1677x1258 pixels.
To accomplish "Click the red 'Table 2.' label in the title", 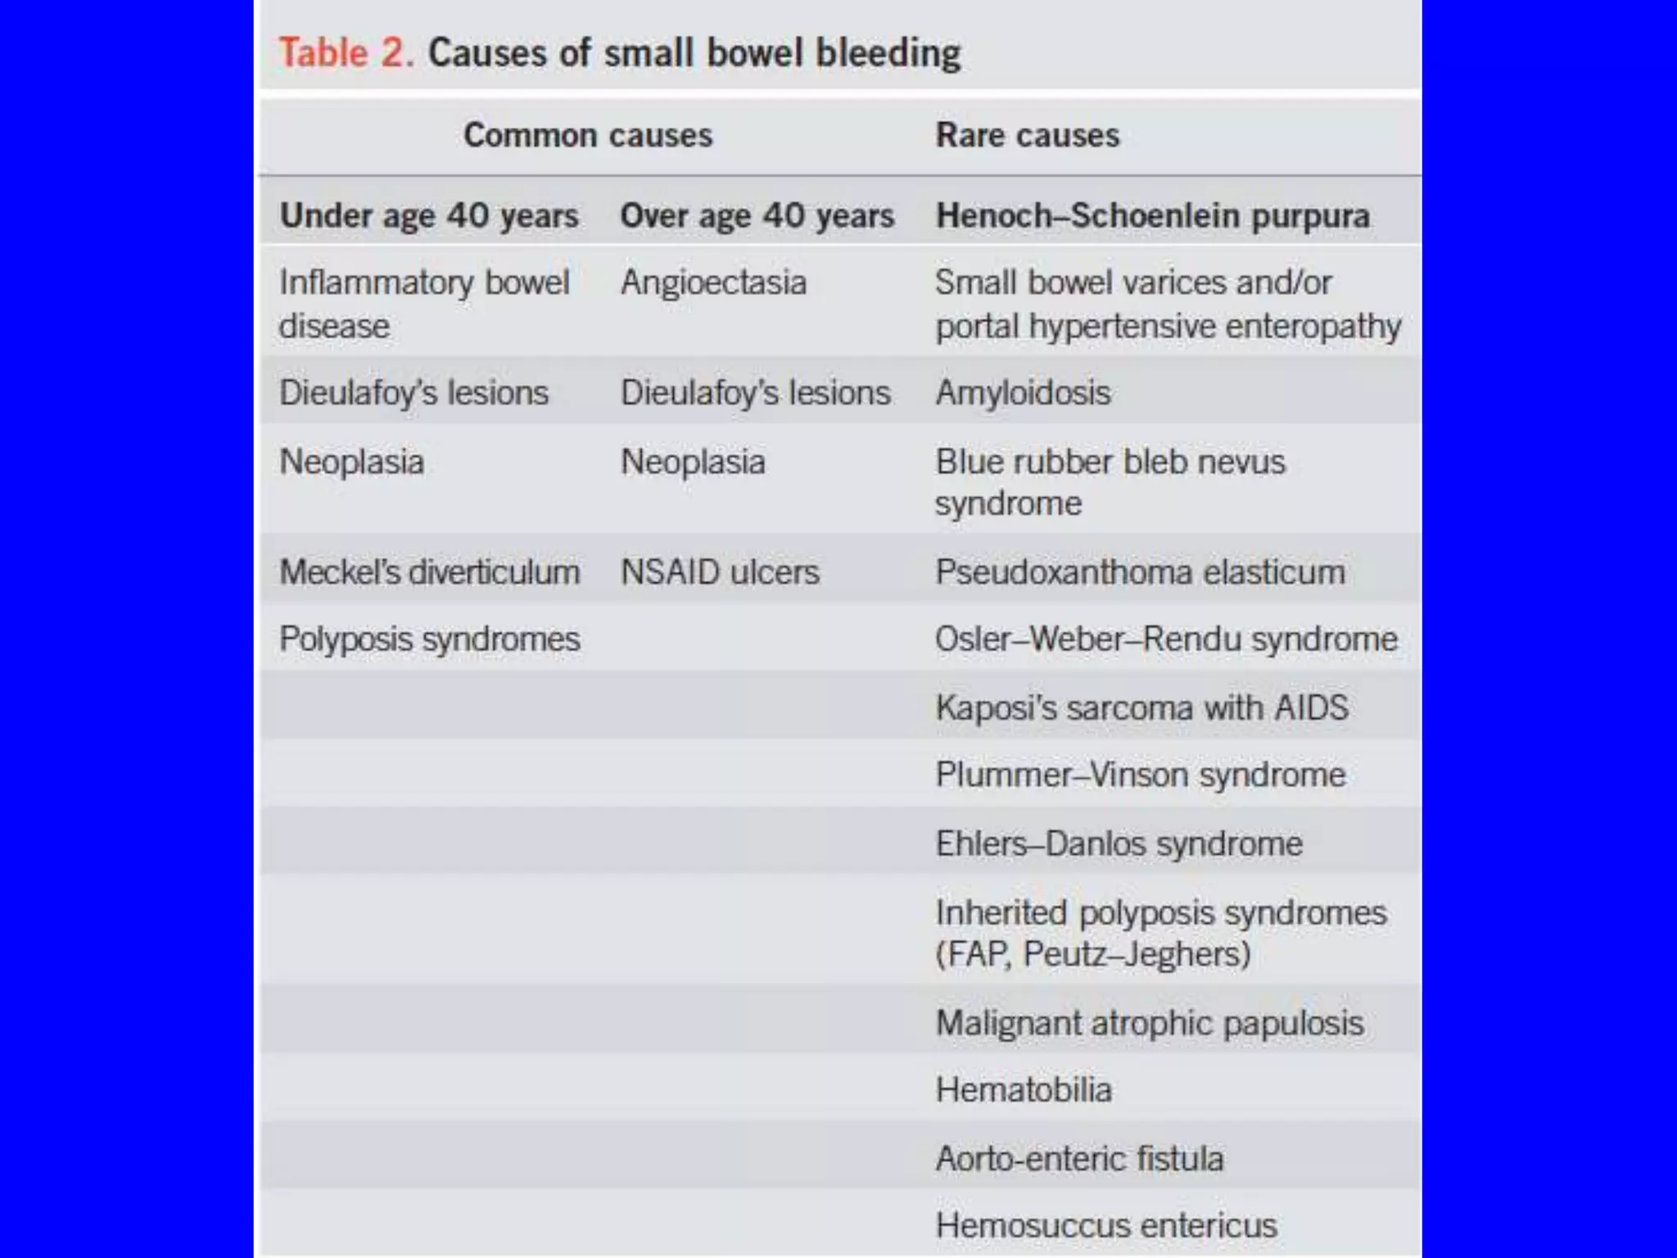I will click(x=346, y=53).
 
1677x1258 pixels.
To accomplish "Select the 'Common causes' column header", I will click(x=588, y=135).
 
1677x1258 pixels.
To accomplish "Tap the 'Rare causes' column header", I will click(x=1027, y=135).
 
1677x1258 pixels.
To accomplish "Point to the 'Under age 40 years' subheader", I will click(x=429, y=216).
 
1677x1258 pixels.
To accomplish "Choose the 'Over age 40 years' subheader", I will click(x=757, y=216).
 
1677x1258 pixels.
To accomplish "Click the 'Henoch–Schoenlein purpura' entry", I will click(x=1152, y=216).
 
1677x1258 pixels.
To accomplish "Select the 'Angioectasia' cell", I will click(x=713, y=283).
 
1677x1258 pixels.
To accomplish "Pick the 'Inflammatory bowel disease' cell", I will click(x=423, y=304).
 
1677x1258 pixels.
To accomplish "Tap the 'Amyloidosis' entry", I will click(x=1023, y=393).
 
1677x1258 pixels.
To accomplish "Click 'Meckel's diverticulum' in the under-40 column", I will click(x=429, y=572).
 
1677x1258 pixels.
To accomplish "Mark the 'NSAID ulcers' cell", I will click(x=720, y=572).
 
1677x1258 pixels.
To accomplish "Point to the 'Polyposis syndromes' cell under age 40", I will click(x=429, y=639).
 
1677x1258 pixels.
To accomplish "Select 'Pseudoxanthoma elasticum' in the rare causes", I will click(x=1140, y=572).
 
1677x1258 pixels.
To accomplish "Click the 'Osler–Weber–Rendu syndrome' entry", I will click(x=1166, y=639).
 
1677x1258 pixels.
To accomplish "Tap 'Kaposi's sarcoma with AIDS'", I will click(x=1141, y=708).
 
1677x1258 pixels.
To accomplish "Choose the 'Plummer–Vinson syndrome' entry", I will click(x=1140, y=775).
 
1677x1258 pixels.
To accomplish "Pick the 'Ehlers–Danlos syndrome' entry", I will click(x=1119, y=844).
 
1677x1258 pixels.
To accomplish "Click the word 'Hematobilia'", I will click(x=1024, y=1090).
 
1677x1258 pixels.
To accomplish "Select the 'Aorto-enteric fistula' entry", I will click(x=1079, y=1159).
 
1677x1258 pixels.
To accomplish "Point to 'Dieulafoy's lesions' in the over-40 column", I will click(x=755, y=393).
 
